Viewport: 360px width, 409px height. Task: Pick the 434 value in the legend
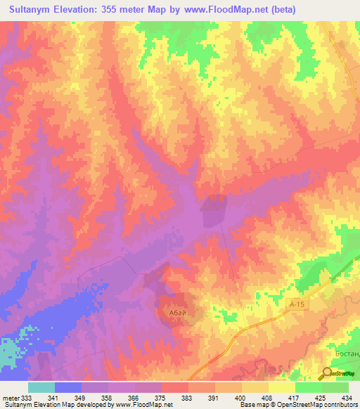click(x=346, y=398)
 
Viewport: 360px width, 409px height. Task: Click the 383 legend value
click(x=186, y=398)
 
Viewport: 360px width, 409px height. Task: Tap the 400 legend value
click(x=239, y=398)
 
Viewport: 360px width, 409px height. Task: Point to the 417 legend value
click(x=292, y=398)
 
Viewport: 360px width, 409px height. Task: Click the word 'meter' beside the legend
click(x=10, y=398)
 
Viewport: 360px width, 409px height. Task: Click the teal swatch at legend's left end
click(x=41, y=387)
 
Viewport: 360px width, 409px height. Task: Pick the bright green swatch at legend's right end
click(x=335, y=387)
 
